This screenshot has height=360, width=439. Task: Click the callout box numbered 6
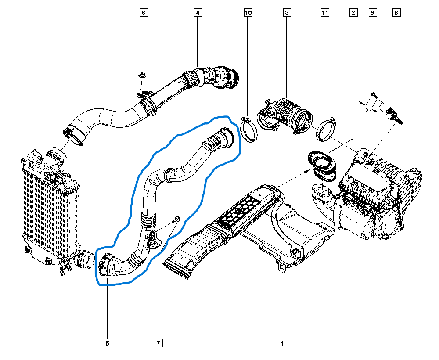144,13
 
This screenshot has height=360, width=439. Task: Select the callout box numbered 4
198,13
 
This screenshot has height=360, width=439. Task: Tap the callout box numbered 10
248,13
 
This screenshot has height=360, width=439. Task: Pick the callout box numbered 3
287,13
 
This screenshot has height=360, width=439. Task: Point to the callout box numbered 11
325,13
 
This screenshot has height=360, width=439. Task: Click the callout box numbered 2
353,13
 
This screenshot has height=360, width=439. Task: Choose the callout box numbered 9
372,13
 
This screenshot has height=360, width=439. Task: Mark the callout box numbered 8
396,13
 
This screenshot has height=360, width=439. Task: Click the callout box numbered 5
108,343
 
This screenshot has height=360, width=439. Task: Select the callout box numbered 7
158,343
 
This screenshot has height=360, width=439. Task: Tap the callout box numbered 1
282,343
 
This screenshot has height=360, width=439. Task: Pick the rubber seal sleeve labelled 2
322,166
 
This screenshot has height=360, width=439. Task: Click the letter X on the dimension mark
367,110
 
